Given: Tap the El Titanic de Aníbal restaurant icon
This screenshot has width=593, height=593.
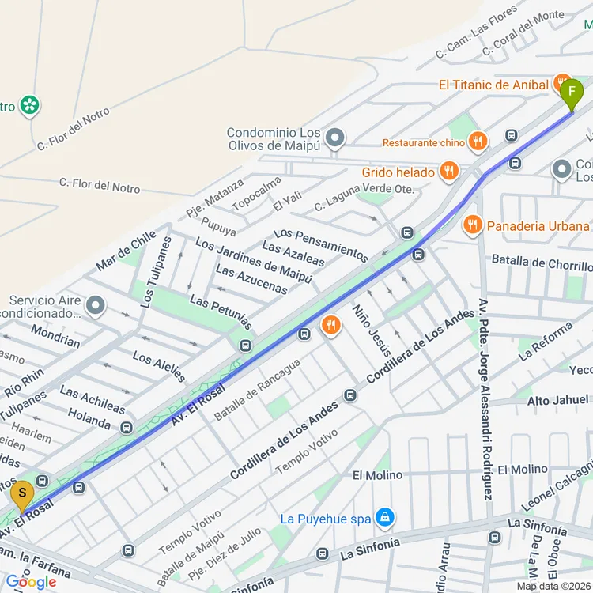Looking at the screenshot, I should [562, 84].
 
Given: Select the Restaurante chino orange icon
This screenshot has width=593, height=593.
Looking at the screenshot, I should [477, 142].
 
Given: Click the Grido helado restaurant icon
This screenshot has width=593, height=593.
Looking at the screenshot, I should [448, 172].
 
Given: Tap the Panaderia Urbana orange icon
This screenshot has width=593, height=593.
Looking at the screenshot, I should [473, 225].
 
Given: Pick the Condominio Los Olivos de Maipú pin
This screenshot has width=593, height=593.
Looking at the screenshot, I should [335, 139].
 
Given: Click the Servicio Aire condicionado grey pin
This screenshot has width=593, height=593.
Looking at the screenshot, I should [96, 305].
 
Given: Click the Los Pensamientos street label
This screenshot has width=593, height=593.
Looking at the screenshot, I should [320, 244].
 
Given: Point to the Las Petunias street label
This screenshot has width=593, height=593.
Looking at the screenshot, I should [221, 314].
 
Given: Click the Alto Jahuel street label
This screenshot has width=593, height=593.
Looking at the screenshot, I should [557, 401].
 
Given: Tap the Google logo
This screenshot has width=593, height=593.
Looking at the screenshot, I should [31, 582].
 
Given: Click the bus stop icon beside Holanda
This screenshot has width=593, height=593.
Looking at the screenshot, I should [127, 428].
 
